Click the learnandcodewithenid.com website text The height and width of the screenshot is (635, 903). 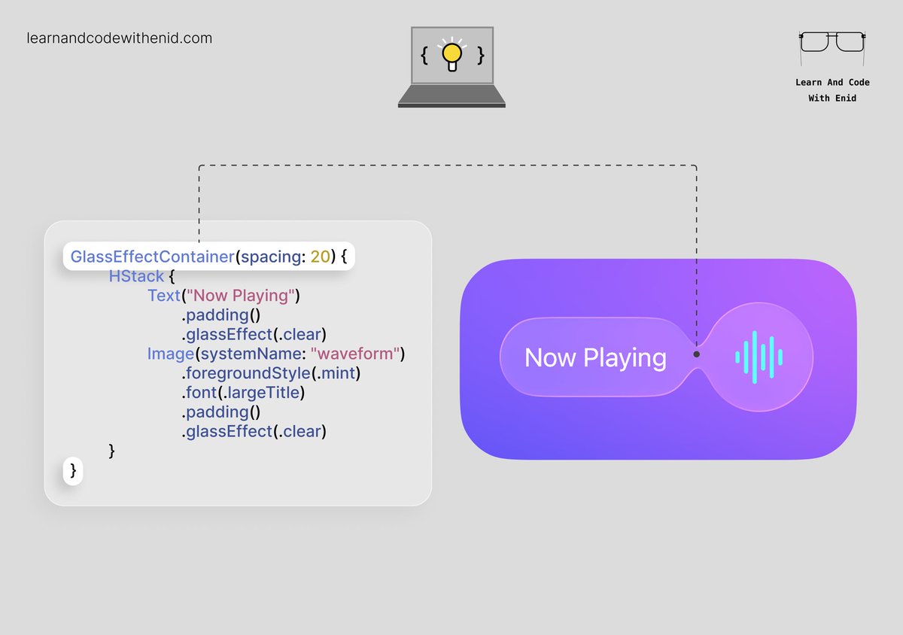pyautogui.click(x=119, y=38)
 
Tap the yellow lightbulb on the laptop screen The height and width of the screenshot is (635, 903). pyautogui.click(x=451, y=55)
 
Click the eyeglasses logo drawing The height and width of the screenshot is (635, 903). pyautogui.click(x=832, y=42)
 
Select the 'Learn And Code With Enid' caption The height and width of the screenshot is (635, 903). pyautogui.click(x=832, y=90)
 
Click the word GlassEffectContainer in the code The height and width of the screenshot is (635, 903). pyautogui.click(x=152, y=257)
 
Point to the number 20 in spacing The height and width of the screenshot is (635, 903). pyautogui.click(x=320, y=257)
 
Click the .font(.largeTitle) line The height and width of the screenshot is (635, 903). pyautogui.click(x=242, y=393)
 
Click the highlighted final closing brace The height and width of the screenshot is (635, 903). pyautogui.click(x=73, y=470)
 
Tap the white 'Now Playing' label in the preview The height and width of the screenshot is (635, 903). pyautogui.click(x=595, y=357)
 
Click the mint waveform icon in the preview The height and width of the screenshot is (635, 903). pyautogui.click(x=759, y=357)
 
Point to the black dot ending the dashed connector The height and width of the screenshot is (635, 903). pyautogui.click(x=697, y=354)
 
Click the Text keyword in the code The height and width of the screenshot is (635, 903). pyautogui.click(x=163, y=296)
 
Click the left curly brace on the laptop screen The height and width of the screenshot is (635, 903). pyautogui.click(x=424, y=56)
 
